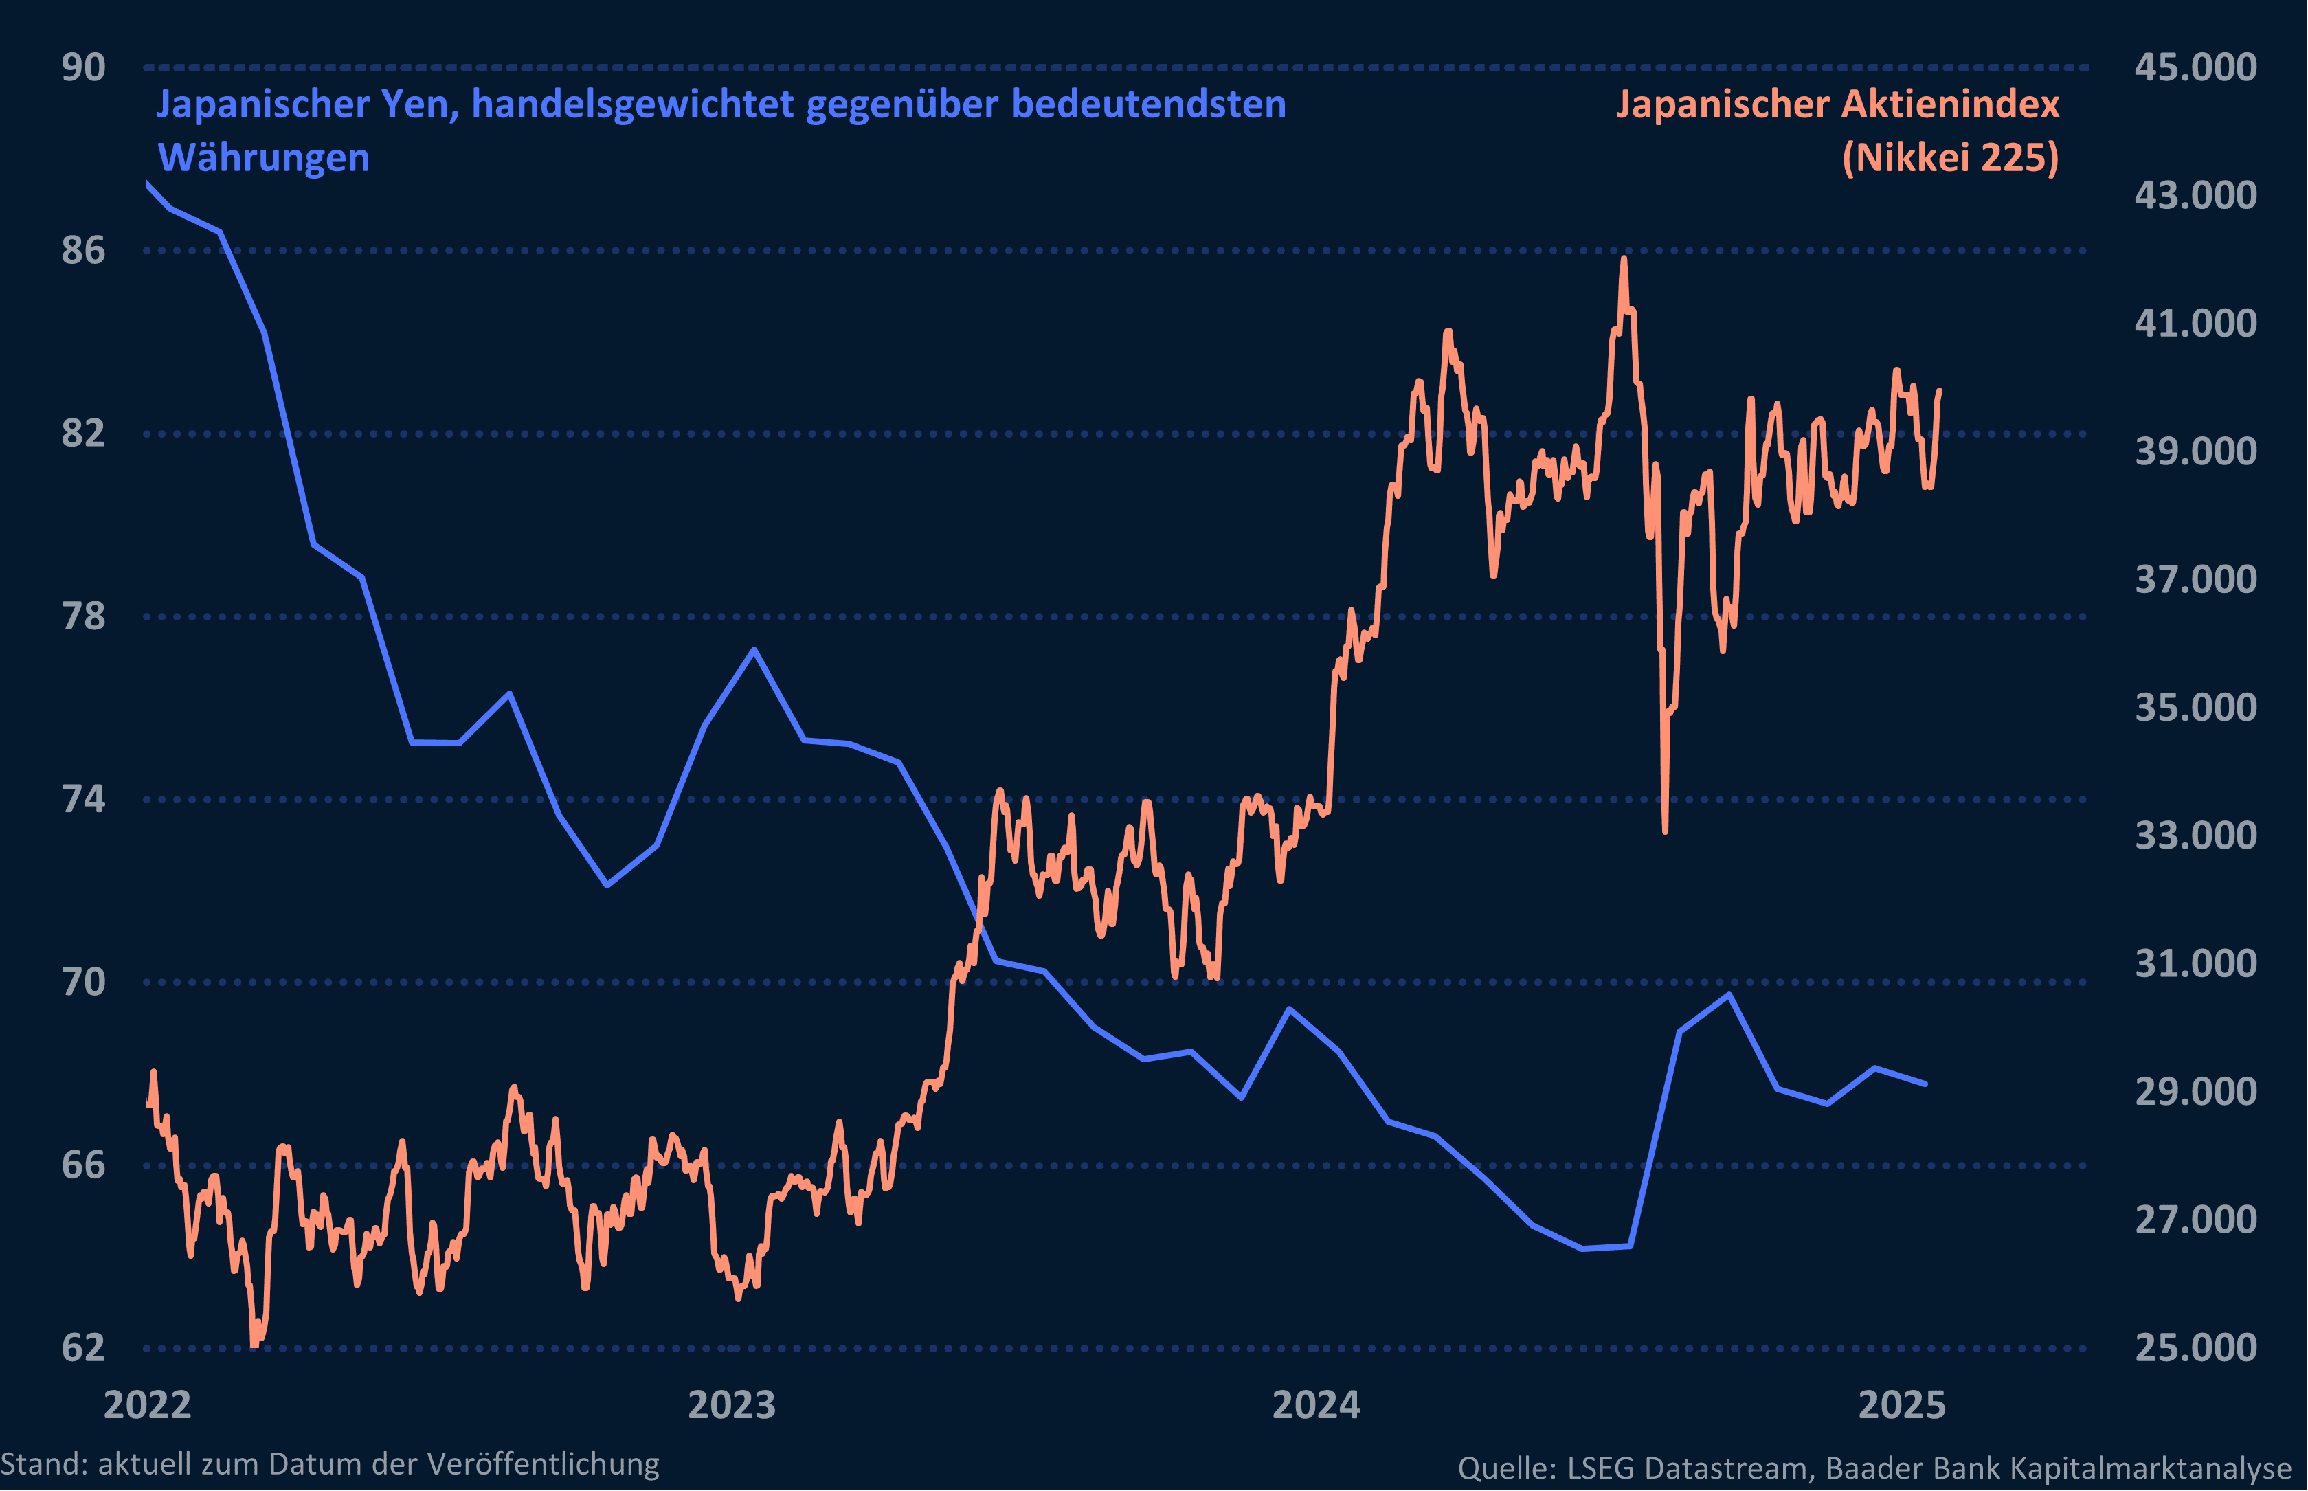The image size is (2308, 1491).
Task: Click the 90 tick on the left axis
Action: pos(83,68)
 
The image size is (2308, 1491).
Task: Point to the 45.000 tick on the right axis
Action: pos(2195,68)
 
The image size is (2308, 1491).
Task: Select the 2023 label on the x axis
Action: pos(731,1405)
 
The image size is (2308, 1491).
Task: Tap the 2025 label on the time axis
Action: pos(1901,1405)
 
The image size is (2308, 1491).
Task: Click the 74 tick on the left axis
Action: pos(83,800)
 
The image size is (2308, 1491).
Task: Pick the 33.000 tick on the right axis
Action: pos(2195,836)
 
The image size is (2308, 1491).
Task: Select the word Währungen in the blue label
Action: pos(263,158)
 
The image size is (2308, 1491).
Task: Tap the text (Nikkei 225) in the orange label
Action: pos(1950,158)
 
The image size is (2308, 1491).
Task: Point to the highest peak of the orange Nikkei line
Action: pos(1624,258)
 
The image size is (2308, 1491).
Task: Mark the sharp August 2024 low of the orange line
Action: pos(1665,831)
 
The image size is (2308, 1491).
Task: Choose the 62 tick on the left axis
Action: pos(83,1347)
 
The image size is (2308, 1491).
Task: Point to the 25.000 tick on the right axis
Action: pos(2195,1347)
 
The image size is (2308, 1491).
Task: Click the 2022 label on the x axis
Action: pos(147,1405)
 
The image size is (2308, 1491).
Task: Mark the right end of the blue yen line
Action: pos(1925,1084)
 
